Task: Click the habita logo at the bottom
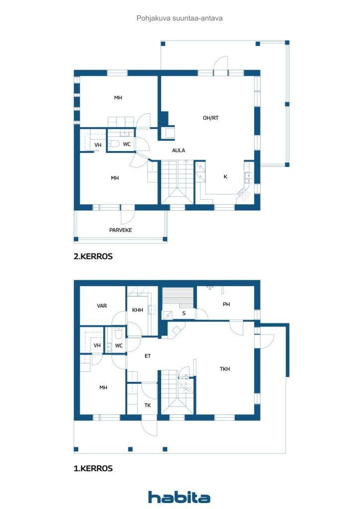(179, 497)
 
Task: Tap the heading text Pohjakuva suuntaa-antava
(180, 18)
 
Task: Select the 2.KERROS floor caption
(93, 256)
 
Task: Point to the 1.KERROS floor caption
(93, 468)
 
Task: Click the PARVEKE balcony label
(120, 230)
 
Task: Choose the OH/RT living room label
(211, 118)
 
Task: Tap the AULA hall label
(179, 150)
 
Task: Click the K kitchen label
(225, 176)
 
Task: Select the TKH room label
(225, 369)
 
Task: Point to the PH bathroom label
(226, 304)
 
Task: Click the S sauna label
(184, 313)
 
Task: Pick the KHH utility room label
(138, 310)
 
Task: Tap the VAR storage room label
(102, 306)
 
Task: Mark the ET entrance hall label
(148, 356)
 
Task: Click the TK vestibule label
(148, 405)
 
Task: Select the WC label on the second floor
(127, 144)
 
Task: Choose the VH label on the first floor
(97, 345)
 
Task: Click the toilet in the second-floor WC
(114, 144)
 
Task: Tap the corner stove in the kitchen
(243, 194)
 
